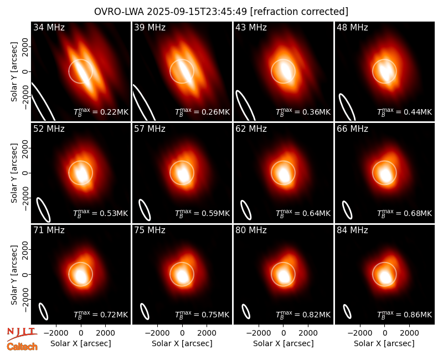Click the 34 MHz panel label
[49, 27]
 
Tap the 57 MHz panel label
[150, 129]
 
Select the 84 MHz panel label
[352, 230]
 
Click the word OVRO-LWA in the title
[119, 12]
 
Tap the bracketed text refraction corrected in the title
[299, 12]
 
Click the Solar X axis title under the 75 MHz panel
[182, 343]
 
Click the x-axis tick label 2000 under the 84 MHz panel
[409, 333]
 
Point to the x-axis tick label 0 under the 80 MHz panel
[284, 333]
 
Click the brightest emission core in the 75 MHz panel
[183, 276]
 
